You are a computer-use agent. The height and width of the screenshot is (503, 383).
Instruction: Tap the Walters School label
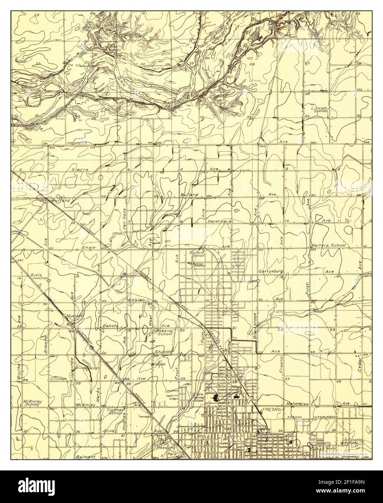328,245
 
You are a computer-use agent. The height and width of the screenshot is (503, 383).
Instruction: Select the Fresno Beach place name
84,66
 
